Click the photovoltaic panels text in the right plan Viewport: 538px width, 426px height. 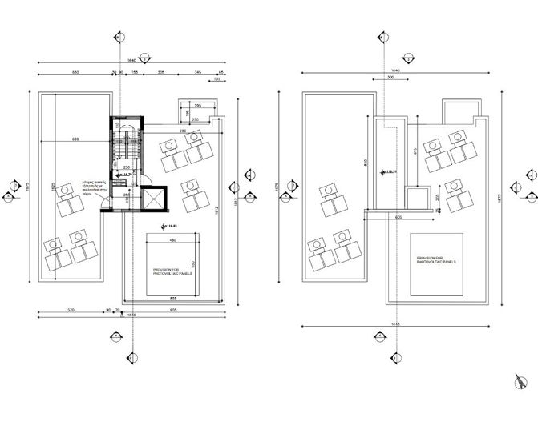[436, 260]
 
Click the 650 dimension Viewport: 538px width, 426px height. [75, 72]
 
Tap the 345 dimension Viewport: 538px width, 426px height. [196, 72]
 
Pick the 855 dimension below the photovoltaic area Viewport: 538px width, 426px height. [173, 298]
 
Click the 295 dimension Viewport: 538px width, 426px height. [196, 106]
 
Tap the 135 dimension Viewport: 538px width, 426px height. [215, 80]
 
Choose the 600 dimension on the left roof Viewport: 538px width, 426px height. [75, 141]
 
